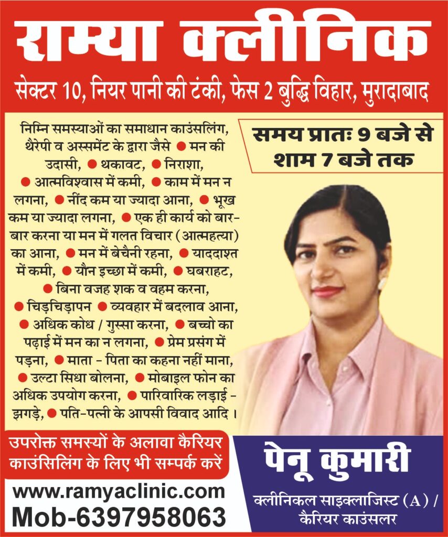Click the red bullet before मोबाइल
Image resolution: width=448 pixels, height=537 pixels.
coord(140,377)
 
